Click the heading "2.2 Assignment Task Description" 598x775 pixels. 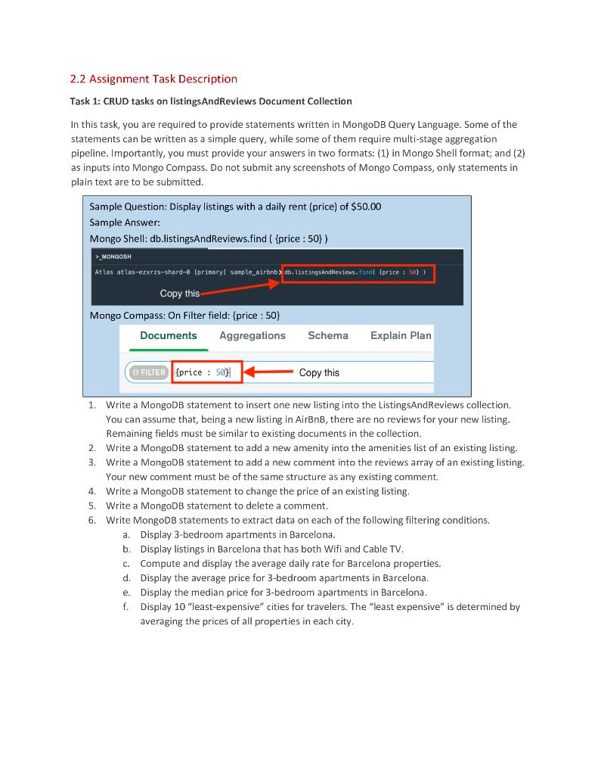[153, 79]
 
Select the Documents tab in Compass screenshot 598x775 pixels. [168, 335]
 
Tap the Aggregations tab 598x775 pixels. [252, 335]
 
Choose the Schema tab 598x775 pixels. [327, 335]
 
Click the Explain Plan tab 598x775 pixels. [401, 335]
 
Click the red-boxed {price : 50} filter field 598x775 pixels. [202, 372]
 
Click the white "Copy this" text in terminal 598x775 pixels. [180, 293]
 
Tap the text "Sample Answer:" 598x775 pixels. [125, 223]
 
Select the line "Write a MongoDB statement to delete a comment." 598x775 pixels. [217, 506]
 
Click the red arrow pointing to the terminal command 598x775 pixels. [242, 285]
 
